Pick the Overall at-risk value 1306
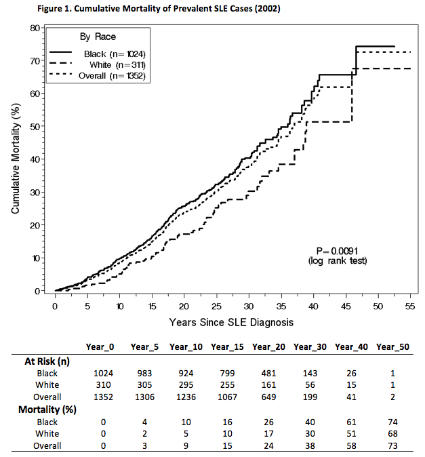144,397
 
